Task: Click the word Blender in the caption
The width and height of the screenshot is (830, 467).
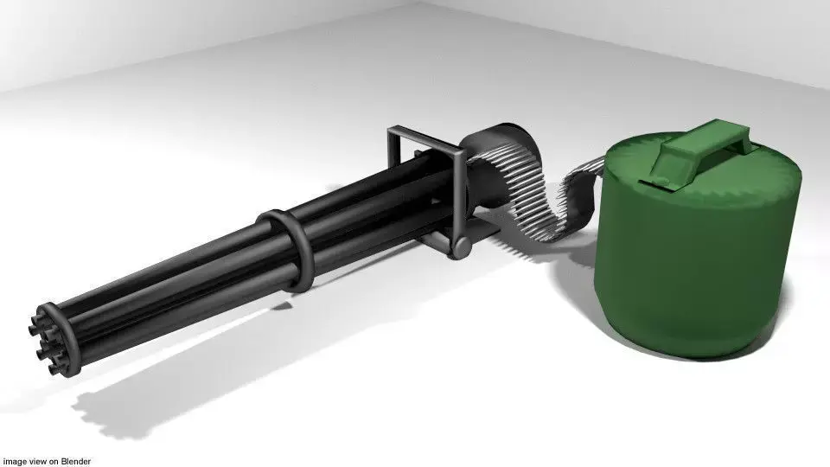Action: tap(75, 461)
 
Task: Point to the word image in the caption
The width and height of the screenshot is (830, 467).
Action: tap(14, 461)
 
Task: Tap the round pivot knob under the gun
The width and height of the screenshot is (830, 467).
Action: tap(462, 247)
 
